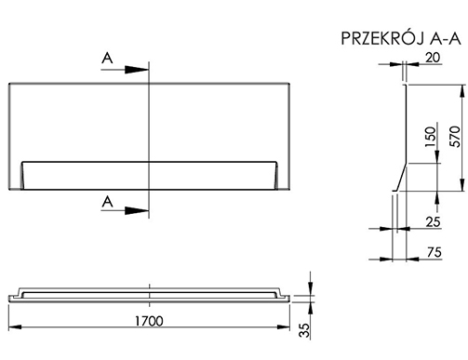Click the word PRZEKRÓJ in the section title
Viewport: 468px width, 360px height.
click(382, 38)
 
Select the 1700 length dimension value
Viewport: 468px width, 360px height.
click(149, 321)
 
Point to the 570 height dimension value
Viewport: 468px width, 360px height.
click(455, 137)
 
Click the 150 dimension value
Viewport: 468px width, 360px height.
click(430, 137)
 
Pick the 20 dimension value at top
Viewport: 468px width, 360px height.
click(433, 58)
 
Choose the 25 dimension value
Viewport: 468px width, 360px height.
click(433, 222)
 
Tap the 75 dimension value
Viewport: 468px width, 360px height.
click(435, 252)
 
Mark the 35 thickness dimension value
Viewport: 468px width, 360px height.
click(304, 330)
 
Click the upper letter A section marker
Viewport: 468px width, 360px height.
click(107, 58)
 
